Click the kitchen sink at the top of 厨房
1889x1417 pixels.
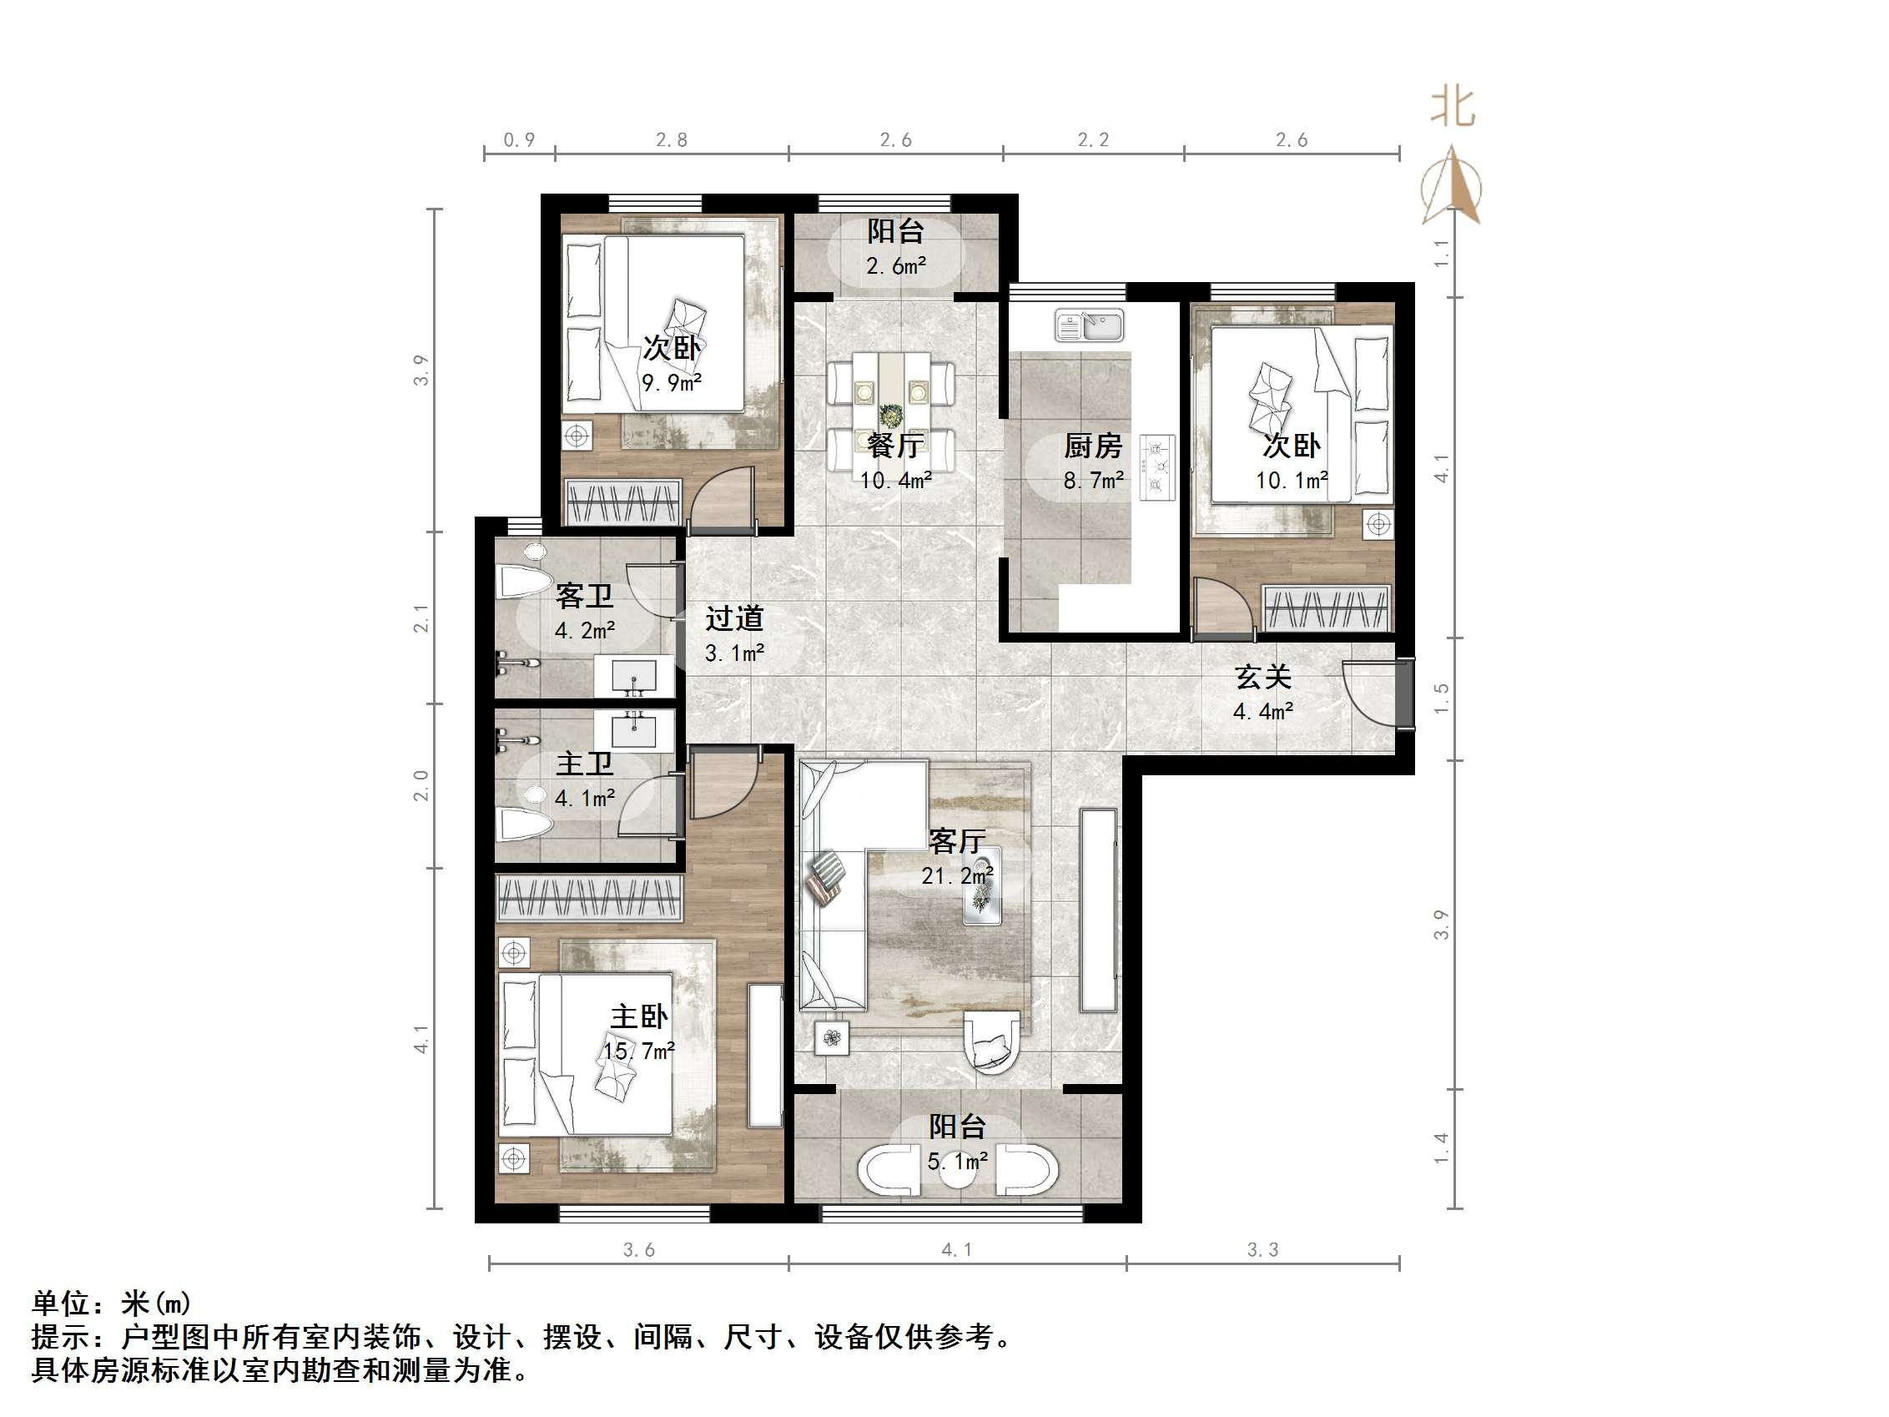(1089, 325)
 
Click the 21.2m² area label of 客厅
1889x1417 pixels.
(956, 875)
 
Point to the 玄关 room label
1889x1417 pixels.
(1262, 678)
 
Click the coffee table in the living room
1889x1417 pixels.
(982, 896)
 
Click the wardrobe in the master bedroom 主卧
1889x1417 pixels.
(589, 898)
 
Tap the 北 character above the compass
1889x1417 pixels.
(1453, 108)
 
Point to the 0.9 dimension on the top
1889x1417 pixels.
(518, 140)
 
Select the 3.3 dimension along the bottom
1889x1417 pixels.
(1262, 1249)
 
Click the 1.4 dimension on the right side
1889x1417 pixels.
(1442, 1148)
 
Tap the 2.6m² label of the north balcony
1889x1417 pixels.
(896, 265)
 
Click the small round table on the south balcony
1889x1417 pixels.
(958, 1172)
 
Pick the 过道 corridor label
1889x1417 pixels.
(734, 618)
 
